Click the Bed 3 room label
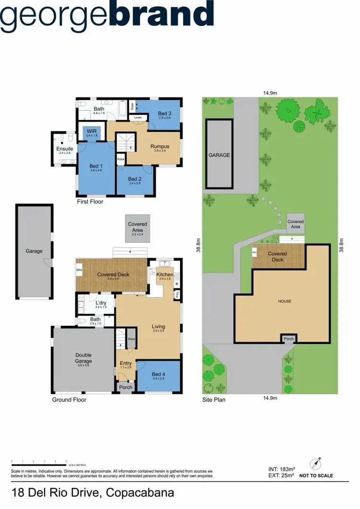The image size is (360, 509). point(165,114)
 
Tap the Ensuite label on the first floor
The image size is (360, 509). point(65,149)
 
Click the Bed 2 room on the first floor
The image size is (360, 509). point(135,180)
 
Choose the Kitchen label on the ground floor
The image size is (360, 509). point(165,274)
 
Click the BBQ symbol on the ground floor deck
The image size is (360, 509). point(80,271)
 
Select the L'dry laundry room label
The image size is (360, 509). point(101,303)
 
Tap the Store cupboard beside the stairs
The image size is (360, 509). point(131,339)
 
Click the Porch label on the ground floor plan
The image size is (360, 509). point(126,387)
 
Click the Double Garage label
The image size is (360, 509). point(83,358)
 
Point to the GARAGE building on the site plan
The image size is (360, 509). point(219,155)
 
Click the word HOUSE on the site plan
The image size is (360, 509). point(285,301)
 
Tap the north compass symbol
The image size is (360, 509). point(315,464)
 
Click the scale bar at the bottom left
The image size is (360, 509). point(38,464)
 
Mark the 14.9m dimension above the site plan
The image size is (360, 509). point(271,93)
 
